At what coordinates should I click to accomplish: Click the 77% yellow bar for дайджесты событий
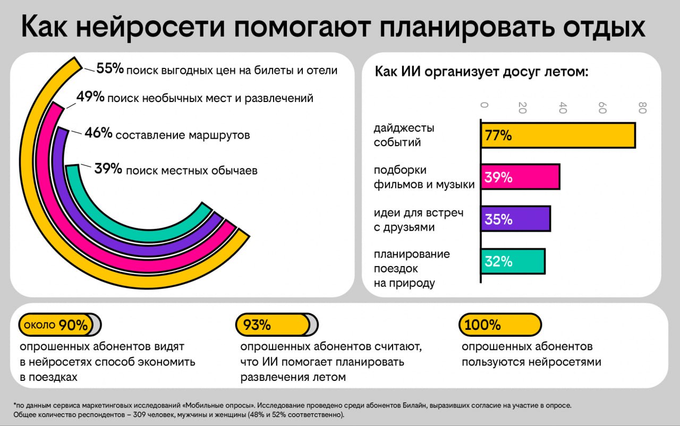point(558,135)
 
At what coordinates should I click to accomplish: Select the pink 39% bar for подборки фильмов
point(520,177)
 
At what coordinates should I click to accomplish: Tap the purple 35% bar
point(515,219)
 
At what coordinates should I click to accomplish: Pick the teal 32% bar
point(513,261)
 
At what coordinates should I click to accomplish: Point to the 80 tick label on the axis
point(642,108)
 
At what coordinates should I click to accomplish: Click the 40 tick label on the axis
point(563,108)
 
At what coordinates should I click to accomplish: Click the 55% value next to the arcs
point(110,69)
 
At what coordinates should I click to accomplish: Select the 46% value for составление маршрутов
point(98,133)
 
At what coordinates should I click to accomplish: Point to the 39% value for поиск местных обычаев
point(108,169)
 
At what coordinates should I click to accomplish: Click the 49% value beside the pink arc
point(90,97)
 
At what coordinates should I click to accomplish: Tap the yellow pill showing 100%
point(499,325)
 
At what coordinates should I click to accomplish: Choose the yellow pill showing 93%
point(273,325)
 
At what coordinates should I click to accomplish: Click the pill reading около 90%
point(56,325)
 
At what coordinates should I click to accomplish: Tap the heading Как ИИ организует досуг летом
point(481,72)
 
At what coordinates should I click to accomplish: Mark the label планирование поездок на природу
point(412,268)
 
